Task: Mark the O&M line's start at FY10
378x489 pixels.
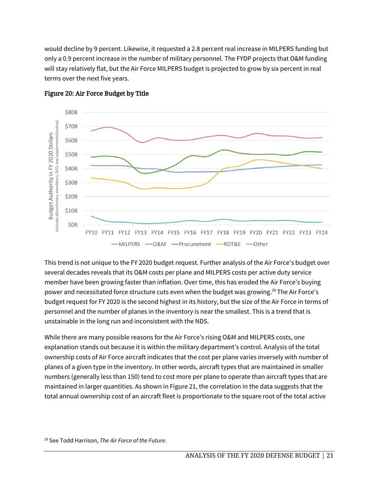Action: [92, 131]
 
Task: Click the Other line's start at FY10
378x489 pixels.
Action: [92, 216]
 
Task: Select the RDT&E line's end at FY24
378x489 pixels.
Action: [321, 169]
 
